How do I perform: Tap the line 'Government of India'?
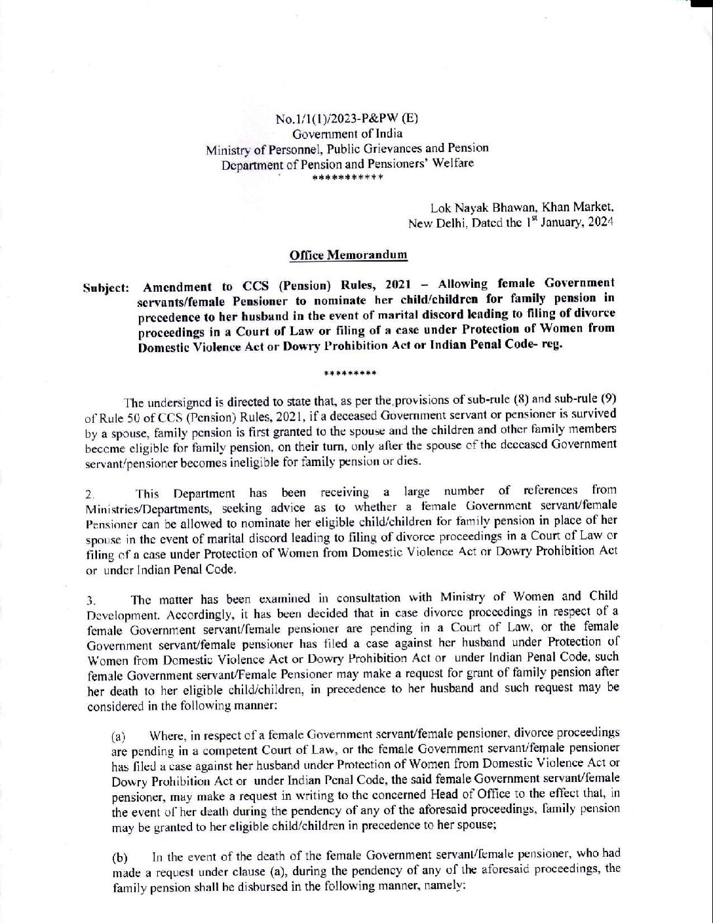coord(347,133)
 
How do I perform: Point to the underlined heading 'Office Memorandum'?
coord(348,255)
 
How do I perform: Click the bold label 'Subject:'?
coord(106,288)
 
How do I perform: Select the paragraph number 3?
coord(92,599)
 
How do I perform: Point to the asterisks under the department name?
coord(347,178)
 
